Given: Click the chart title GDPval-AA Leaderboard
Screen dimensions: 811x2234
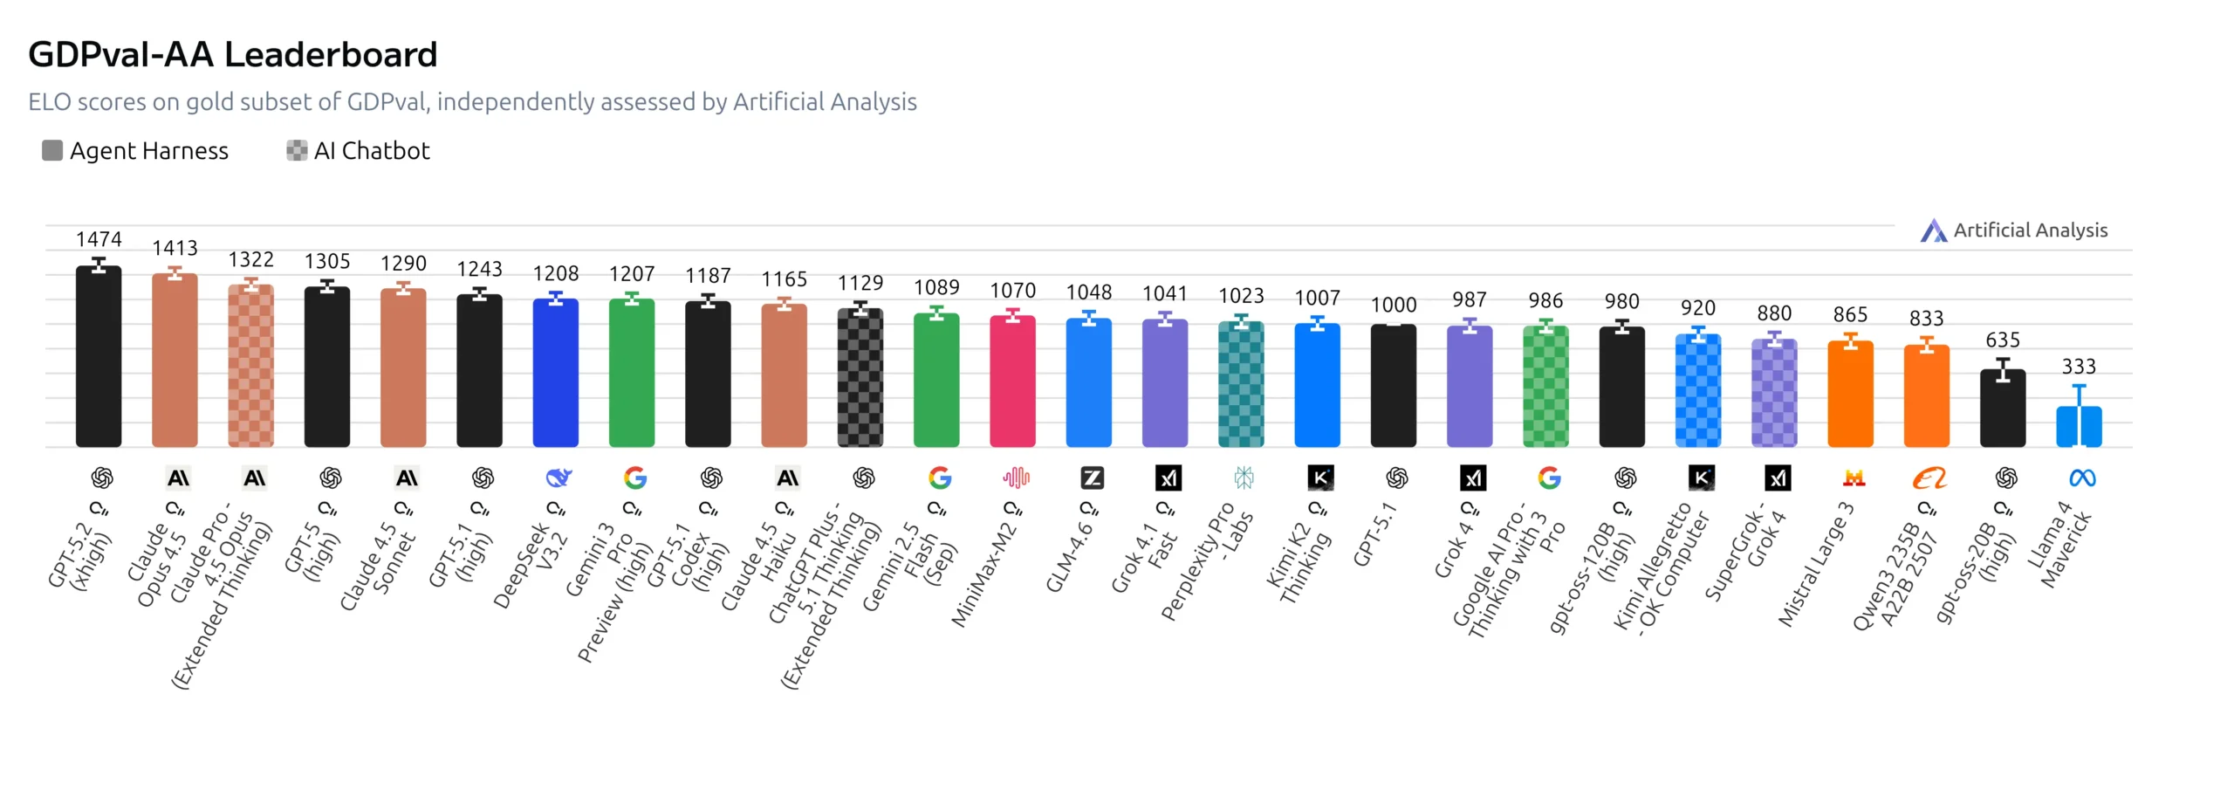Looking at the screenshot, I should pyautogui.click(x=232, y=55).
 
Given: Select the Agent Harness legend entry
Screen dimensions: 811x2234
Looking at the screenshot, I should pyautogui.click(x=135, y=151).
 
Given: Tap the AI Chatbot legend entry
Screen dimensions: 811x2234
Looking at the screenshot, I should pyautogui.click(x=359, y=151).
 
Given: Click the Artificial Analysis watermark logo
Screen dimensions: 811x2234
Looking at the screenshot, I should pyautogui.click(x=2013, y=230).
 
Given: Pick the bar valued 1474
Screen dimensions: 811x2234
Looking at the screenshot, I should pyautogui.click(x=99, y=358).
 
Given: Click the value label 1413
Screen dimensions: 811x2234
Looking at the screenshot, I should pyautogui.click(x=175, y=248).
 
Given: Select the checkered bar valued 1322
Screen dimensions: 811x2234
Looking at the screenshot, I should pyautogui.click(x=250, y=367).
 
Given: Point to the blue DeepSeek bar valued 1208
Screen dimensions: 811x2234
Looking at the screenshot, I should pyautogui.click(x=555, y=374).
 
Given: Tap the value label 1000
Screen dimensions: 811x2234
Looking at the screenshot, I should pyautogui.click(x=1393, y=305).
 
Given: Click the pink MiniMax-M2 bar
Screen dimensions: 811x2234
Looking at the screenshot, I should pyautogui.click(x=1012, y=382).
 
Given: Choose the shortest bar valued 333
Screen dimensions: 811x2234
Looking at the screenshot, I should pyautogui.click(x=2079, y=428).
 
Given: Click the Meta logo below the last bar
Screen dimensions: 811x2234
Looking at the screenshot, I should pyautogui.click(x=2082, y=478).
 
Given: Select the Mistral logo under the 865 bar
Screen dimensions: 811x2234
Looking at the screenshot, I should pyautogui.click(x=1854, y=478).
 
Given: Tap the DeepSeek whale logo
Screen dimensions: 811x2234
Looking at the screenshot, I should pyautogui.click(x=558, y=478).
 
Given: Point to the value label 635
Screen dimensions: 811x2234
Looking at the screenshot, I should pyautogui.click(x=2002, y=340).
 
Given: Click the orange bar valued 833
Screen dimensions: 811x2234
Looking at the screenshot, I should pyautogui.click(x=1926, y=397).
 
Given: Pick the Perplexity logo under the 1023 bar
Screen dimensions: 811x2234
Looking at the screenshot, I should pyautogui.click(x=1244, y=478).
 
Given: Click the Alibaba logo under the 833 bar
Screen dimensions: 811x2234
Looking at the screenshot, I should pyautogui.click(x=1929, y=478).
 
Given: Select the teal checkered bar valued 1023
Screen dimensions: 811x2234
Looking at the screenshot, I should pyautogui.click(x=1241, y=386).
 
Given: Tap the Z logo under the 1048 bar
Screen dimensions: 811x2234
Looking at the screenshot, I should pyautogui.click(x=1092, y=478).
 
